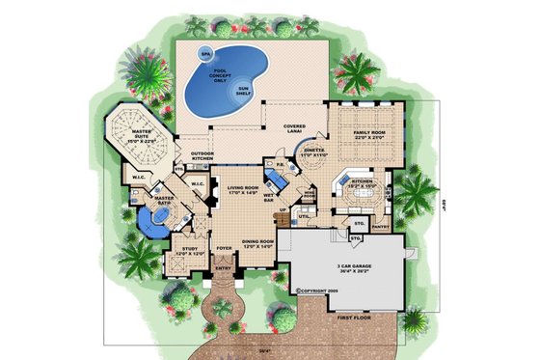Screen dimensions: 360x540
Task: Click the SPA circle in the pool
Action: click(204, 53)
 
